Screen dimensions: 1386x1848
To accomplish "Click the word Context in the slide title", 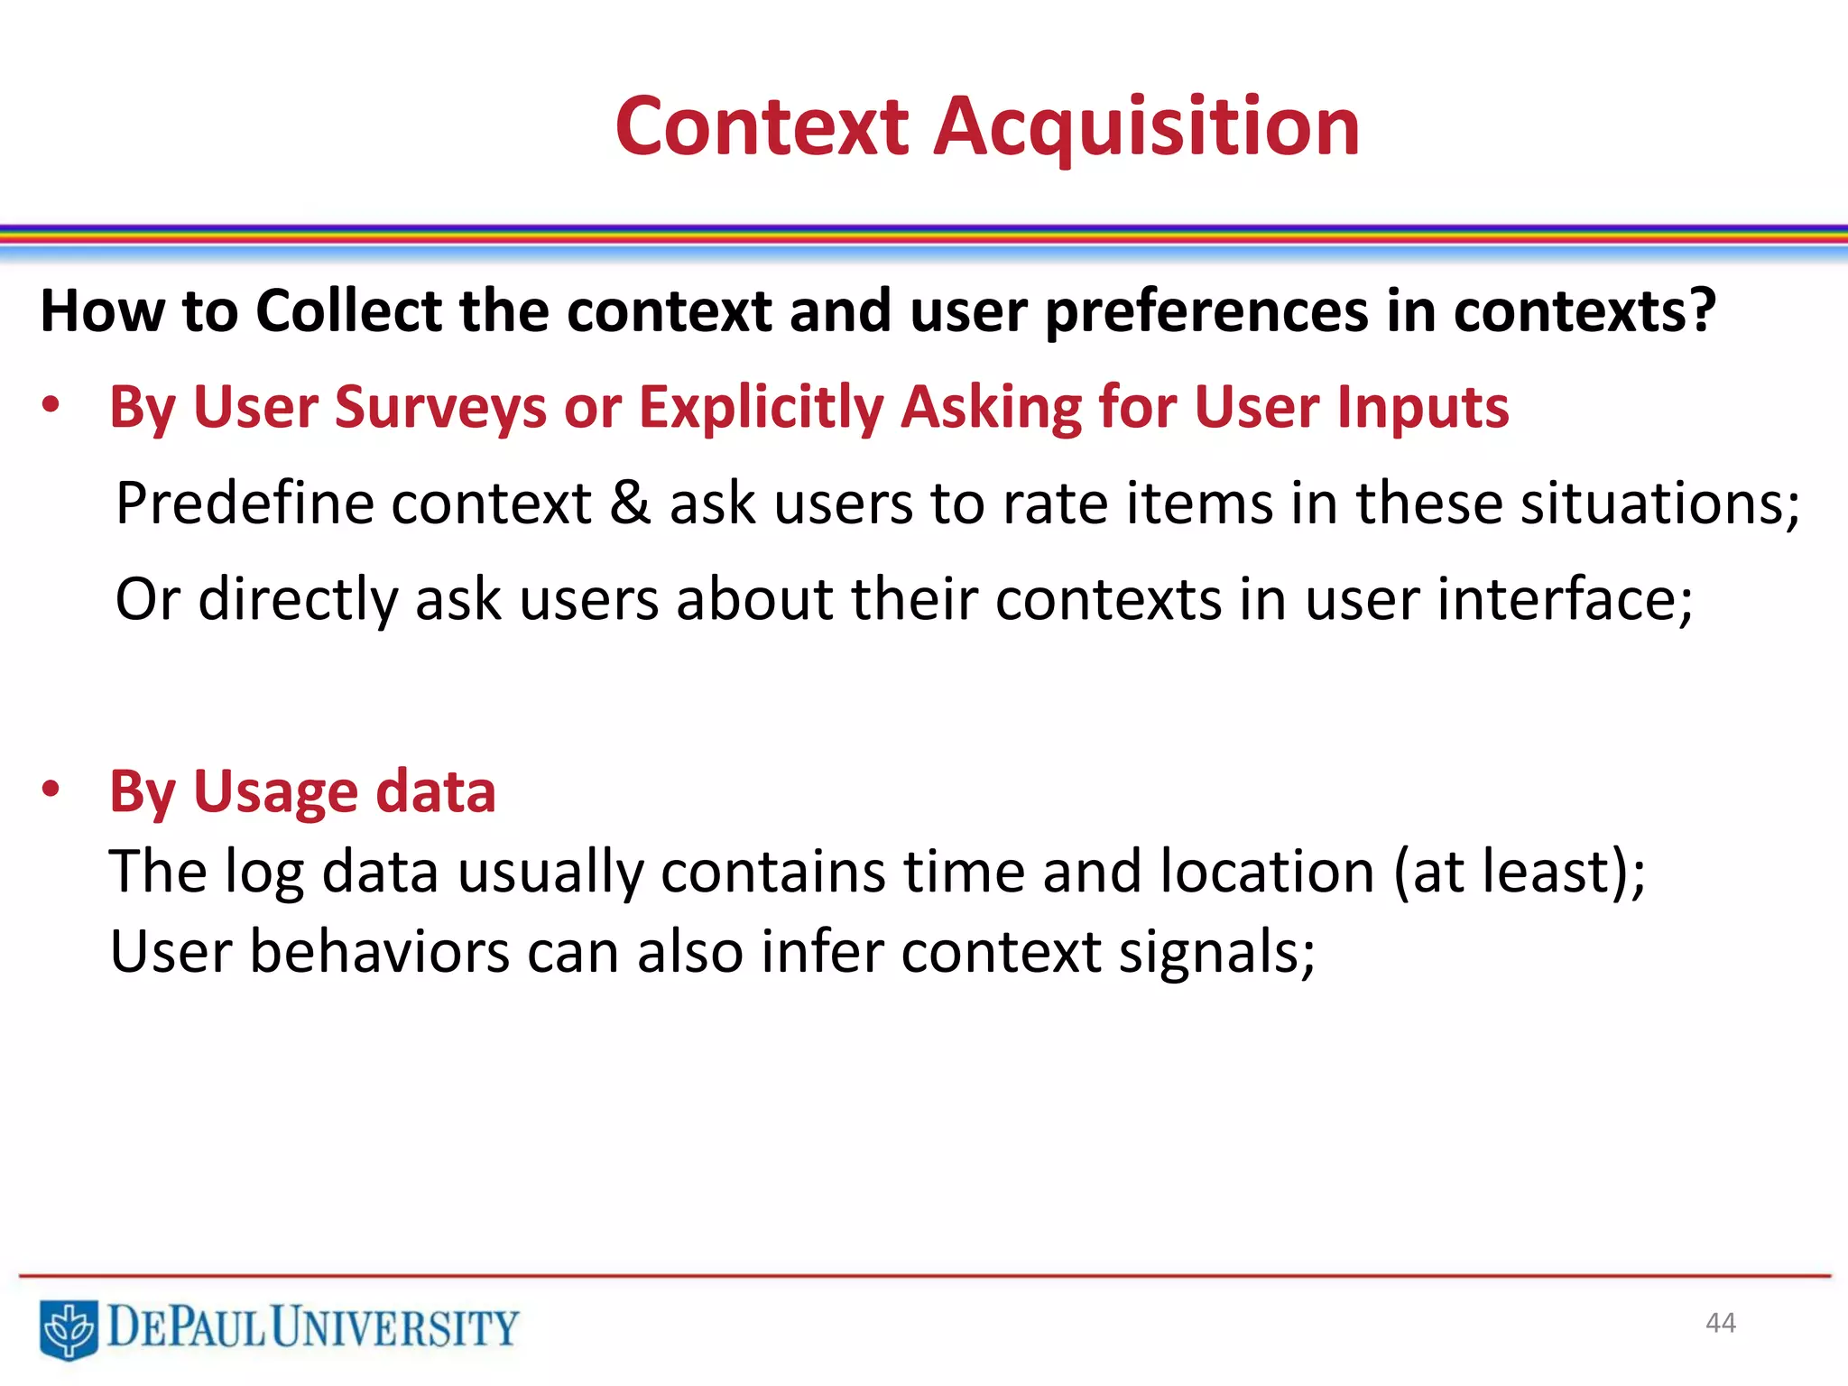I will point(762,128).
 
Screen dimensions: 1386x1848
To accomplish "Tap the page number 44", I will point(1720,1323).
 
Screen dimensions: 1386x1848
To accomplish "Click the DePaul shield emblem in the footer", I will point(69,1328).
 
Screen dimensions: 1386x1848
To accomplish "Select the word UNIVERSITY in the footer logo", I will point(395,1328).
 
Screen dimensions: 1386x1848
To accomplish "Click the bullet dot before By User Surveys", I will point(51,406).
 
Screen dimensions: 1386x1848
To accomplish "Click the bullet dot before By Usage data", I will point(51,790).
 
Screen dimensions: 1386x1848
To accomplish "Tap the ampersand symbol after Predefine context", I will point(630,504).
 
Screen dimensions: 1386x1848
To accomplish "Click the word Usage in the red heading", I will point(276,792).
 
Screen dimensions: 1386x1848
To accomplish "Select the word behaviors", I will point(379,952).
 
